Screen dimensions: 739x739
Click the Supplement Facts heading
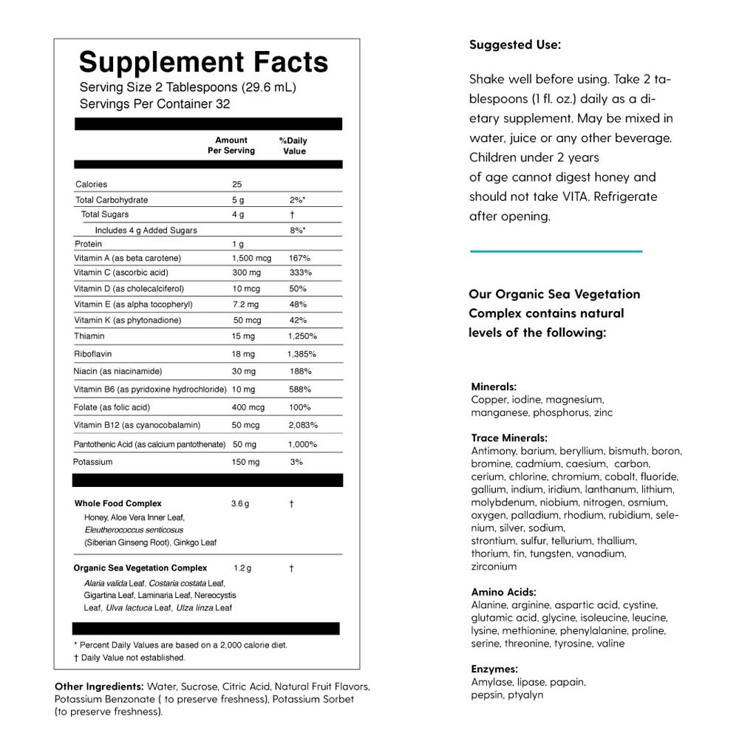(x=203, y=61)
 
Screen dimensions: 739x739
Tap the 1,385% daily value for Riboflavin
(x=302, y=354)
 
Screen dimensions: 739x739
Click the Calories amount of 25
(x=237, y=184)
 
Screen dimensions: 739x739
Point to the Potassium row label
(x=93, y=462)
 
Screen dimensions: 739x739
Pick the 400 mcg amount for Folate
(x=248, y=407)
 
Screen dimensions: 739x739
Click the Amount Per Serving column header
(x=231, y=145)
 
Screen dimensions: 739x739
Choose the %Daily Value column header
(x=293, y=146)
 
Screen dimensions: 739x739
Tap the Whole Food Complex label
(x=118, y=503)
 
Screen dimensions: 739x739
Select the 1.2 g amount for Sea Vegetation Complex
(x=242, y=568)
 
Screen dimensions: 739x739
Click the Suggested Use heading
(x=515, y=45)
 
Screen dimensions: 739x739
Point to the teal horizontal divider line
(x=556, y=251)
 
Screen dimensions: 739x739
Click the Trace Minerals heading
(x=509, y=438)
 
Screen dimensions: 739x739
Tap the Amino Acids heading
(x=503, y=592)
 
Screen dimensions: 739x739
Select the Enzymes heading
(x=494, y=670)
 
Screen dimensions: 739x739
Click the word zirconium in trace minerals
(x=494, y=567)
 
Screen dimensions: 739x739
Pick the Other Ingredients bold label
(x=99, y=686)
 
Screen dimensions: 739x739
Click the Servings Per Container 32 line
(x=154, y=104)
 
